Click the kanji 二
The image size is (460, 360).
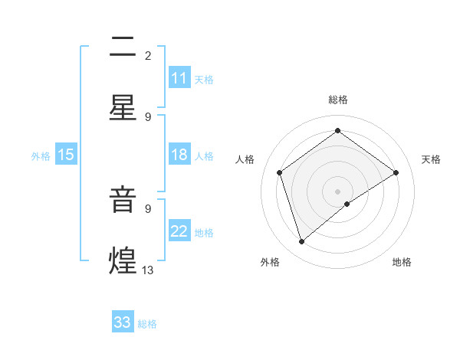click(x=123, y=47)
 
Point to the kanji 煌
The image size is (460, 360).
click(x=123, y=261)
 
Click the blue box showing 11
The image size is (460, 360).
click(x=179, y=78)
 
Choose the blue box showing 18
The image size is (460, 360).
click(x=179, y=155)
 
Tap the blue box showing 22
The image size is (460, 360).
click(x=179, y=232)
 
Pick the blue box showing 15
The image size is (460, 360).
click(x=66, y=155)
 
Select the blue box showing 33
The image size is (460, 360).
click(x=123, y=322)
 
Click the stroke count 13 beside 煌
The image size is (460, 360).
click(x=148, y=270)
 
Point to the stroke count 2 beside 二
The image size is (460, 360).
click(x=148, y=55)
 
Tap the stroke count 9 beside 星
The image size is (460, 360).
click(x=148, y=116)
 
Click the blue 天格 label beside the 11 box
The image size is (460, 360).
click(x=204, y=79)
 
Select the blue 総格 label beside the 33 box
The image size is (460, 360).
click(x=147, y=323)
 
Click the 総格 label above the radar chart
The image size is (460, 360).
click(x=337, y=100)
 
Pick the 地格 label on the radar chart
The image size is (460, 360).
click(x=402, y=263)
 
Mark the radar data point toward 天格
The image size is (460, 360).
click(x=396, y=172)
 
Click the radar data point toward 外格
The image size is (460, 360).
click(x=302, y=242)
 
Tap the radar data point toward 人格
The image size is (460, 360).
click(x=280, y=172)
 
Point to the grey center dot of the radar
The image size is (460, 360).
click(x=337, y=191)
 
